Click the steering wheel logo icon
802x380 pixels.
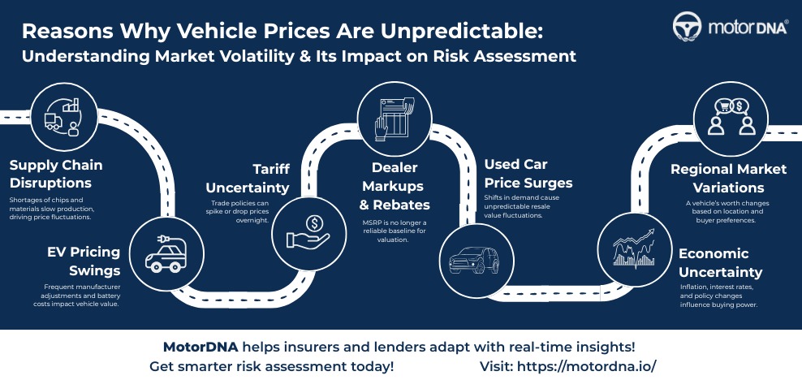687,26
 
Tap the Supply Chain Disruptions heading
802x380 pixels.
56,174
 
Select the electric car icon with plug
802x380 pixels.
163,253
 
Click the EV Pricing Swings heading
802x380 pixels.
84,261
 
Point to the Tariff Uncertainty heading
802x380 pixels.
248,178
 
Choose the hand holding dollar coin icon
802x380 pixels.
308,234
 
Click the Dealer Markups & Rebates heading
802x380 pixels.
395,186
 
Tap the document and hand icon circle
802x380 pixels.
394,119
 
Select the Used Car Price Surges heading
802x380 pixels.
528,174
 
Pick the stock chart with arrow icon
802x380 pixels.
634,249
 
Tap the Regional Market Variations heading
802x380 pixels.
729,178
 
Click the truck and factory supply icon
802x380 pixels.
63,119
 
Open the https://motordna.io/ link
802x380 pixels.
586,367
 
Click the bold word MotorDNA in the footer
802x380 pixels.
200,348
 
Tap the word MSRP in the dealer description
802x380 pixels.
370,222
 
